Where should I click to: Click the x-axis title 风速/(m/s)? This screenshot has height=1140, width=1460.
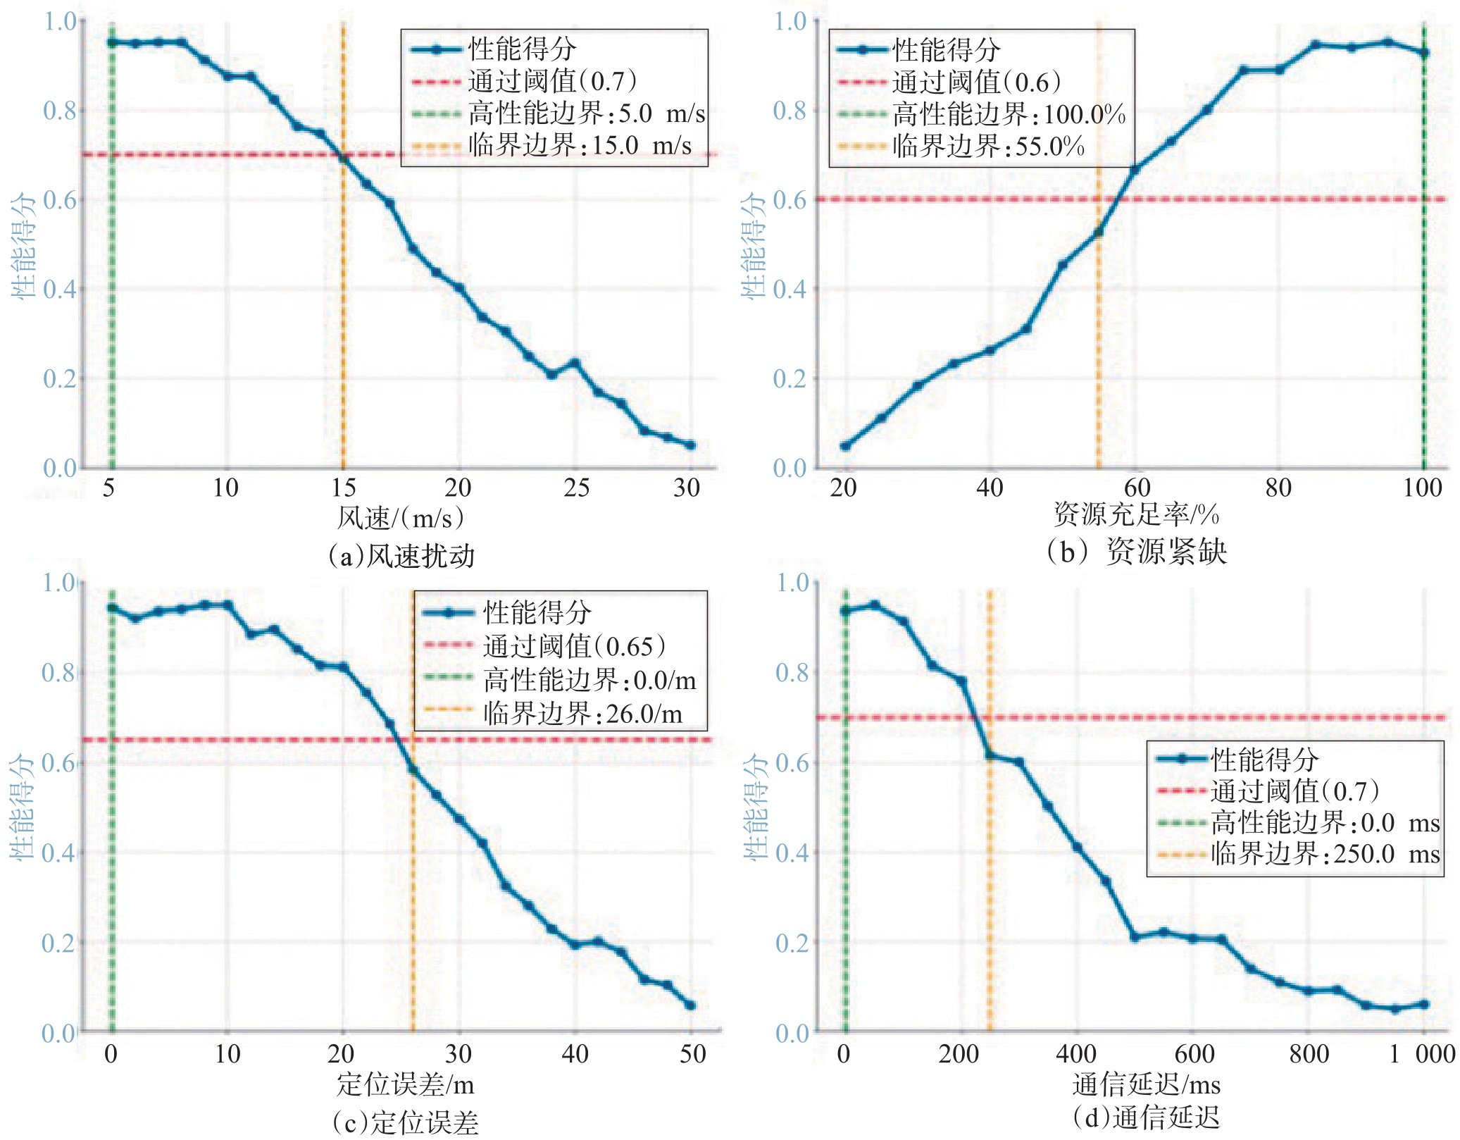[400, 519]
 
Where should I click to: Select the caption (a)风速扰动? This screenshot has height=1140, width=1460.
[401, 556]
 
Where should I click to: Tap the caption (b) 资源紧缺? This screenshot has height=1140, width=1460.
[1136, 552]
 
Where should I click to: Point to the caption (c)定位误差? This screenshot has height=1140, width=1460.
[405, 1122]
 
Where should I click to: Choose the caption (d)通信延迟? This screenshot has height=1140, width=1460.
[1145, 1117]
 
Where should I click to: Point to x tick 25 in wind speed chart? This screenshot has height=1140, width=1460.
[576, 488]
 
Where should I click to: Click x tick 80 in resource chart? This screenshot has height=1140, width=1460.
[1278, 488]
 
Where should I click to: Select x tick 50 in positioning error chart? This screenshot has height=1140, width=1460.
[692, 1054]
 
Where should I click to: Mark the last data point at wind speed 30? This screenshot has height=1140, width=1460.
[690, 445]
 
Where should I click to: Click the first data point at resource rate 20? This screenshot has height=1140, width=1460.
[845, 445]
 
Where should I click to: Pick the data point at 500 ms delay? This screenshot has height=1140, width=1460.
[1135, 937]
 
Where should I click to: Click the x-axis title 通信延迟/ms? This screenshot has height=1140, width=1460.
[1146, 1084]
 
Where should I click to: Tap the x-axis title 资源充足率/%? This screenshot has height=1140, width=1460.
[1136, 514]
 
